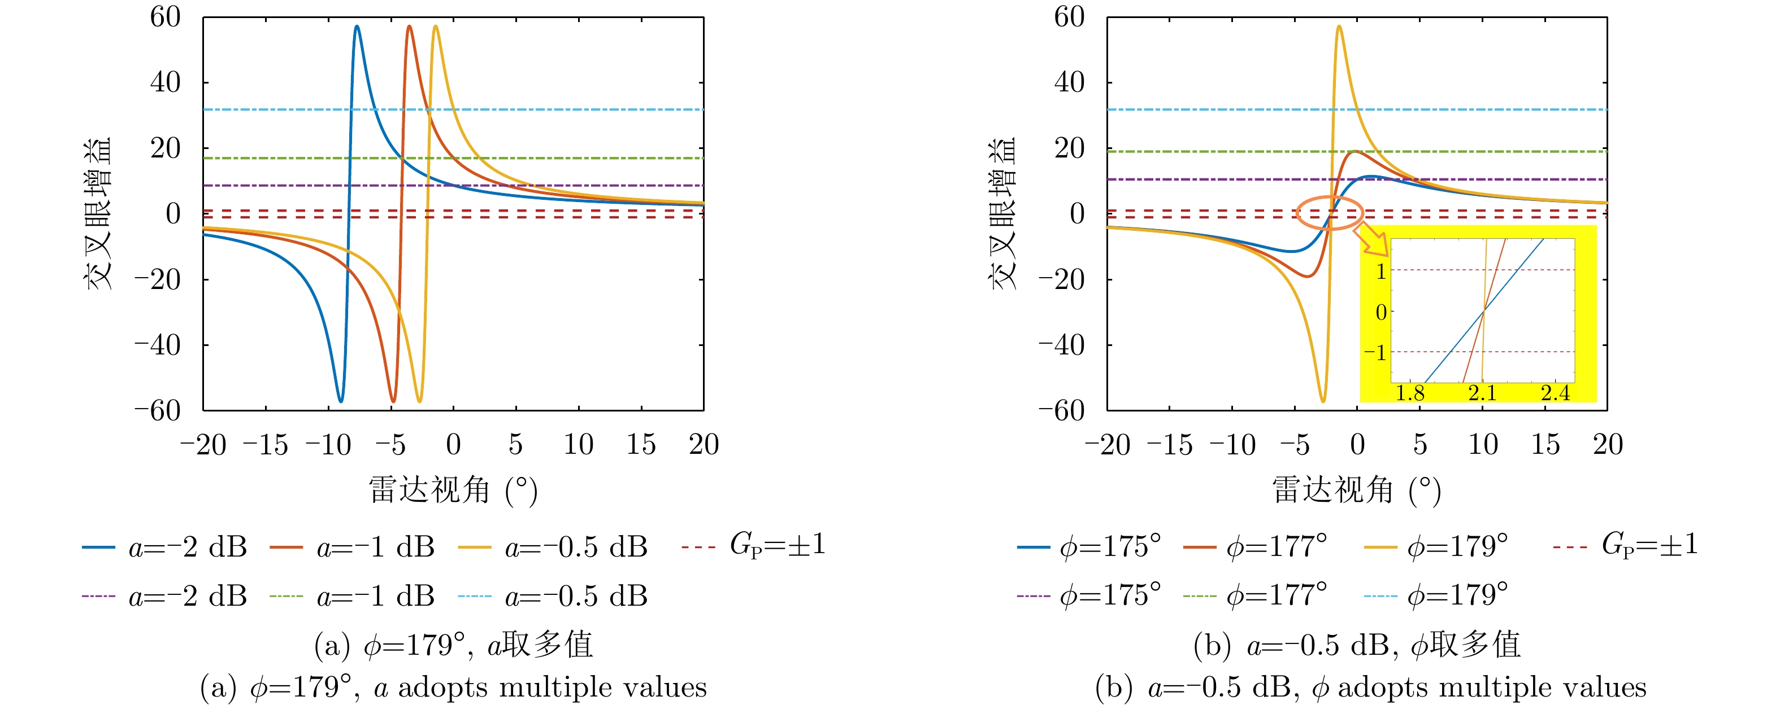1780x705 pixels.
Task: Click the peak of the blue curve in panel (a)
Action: [x=357, y=27]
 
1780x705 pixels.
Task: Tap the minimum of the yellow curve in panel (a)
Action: [x=419, y=401]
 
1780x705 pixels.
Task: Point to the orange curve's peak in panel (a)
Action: [x=409, y=27]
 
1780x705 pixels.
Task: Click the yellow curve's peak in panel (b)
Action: [x=1339, y=27]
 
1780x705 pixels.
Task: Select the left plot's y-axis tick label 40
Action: [x=165, y=83]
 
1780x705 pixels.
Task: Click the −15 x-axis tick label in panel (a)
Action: [x=266, y=445]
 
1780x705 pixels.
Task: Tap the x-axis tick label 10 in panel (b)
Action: [x=1482, y=445]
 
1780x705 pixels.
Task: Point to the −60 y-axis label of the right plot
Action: [x=1061, y=411]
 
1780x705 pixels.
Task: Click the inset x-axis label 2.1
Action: [x=1482, y=393]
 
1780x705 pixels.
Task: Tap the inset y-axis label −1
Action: [x=1375, y=353]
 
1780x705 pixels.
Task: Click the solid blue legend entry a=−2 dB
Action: [x=164, y=548]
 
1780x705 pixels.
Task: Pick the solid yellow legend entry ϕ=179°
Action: [x=1436, y=548]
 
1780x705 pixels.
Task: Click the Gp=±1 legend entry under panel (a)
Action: [x=754, y=545]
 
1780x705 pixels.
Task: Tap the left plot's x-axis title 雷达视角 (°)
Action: [x=453, y=491]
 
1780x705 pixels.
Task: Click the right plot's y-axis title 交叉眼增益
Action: [x=1002, y=213]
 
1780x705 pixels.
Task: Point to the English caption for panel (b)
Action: [x=1370, y=688]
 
